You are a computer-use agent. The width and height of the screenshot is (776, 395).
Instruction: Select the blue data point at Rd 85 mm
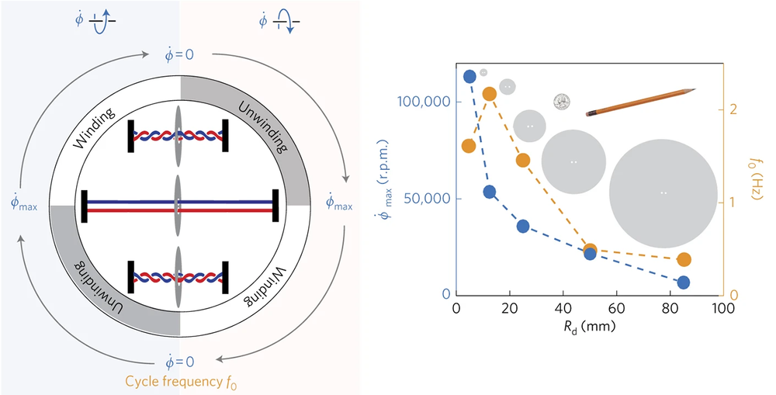point(684,282)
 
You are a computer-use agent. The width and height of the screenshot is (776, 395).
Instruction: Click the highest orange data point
point(490,94)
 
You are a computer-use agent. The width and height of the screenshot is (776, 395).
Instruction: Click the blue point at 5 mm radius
point(469,76)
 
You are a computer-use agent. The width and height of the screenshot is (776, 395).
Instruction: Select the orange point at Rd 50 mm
point(590,250)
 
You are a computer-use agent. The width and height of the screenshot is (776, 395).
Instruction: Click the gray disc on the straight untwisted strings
point(178,204)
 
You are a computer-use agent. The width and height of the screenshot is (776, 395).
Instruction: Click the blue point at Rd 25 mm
point(523,226)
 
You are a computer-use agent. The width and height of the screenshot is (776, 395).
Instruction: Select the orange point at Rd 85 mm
point(684,259)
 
